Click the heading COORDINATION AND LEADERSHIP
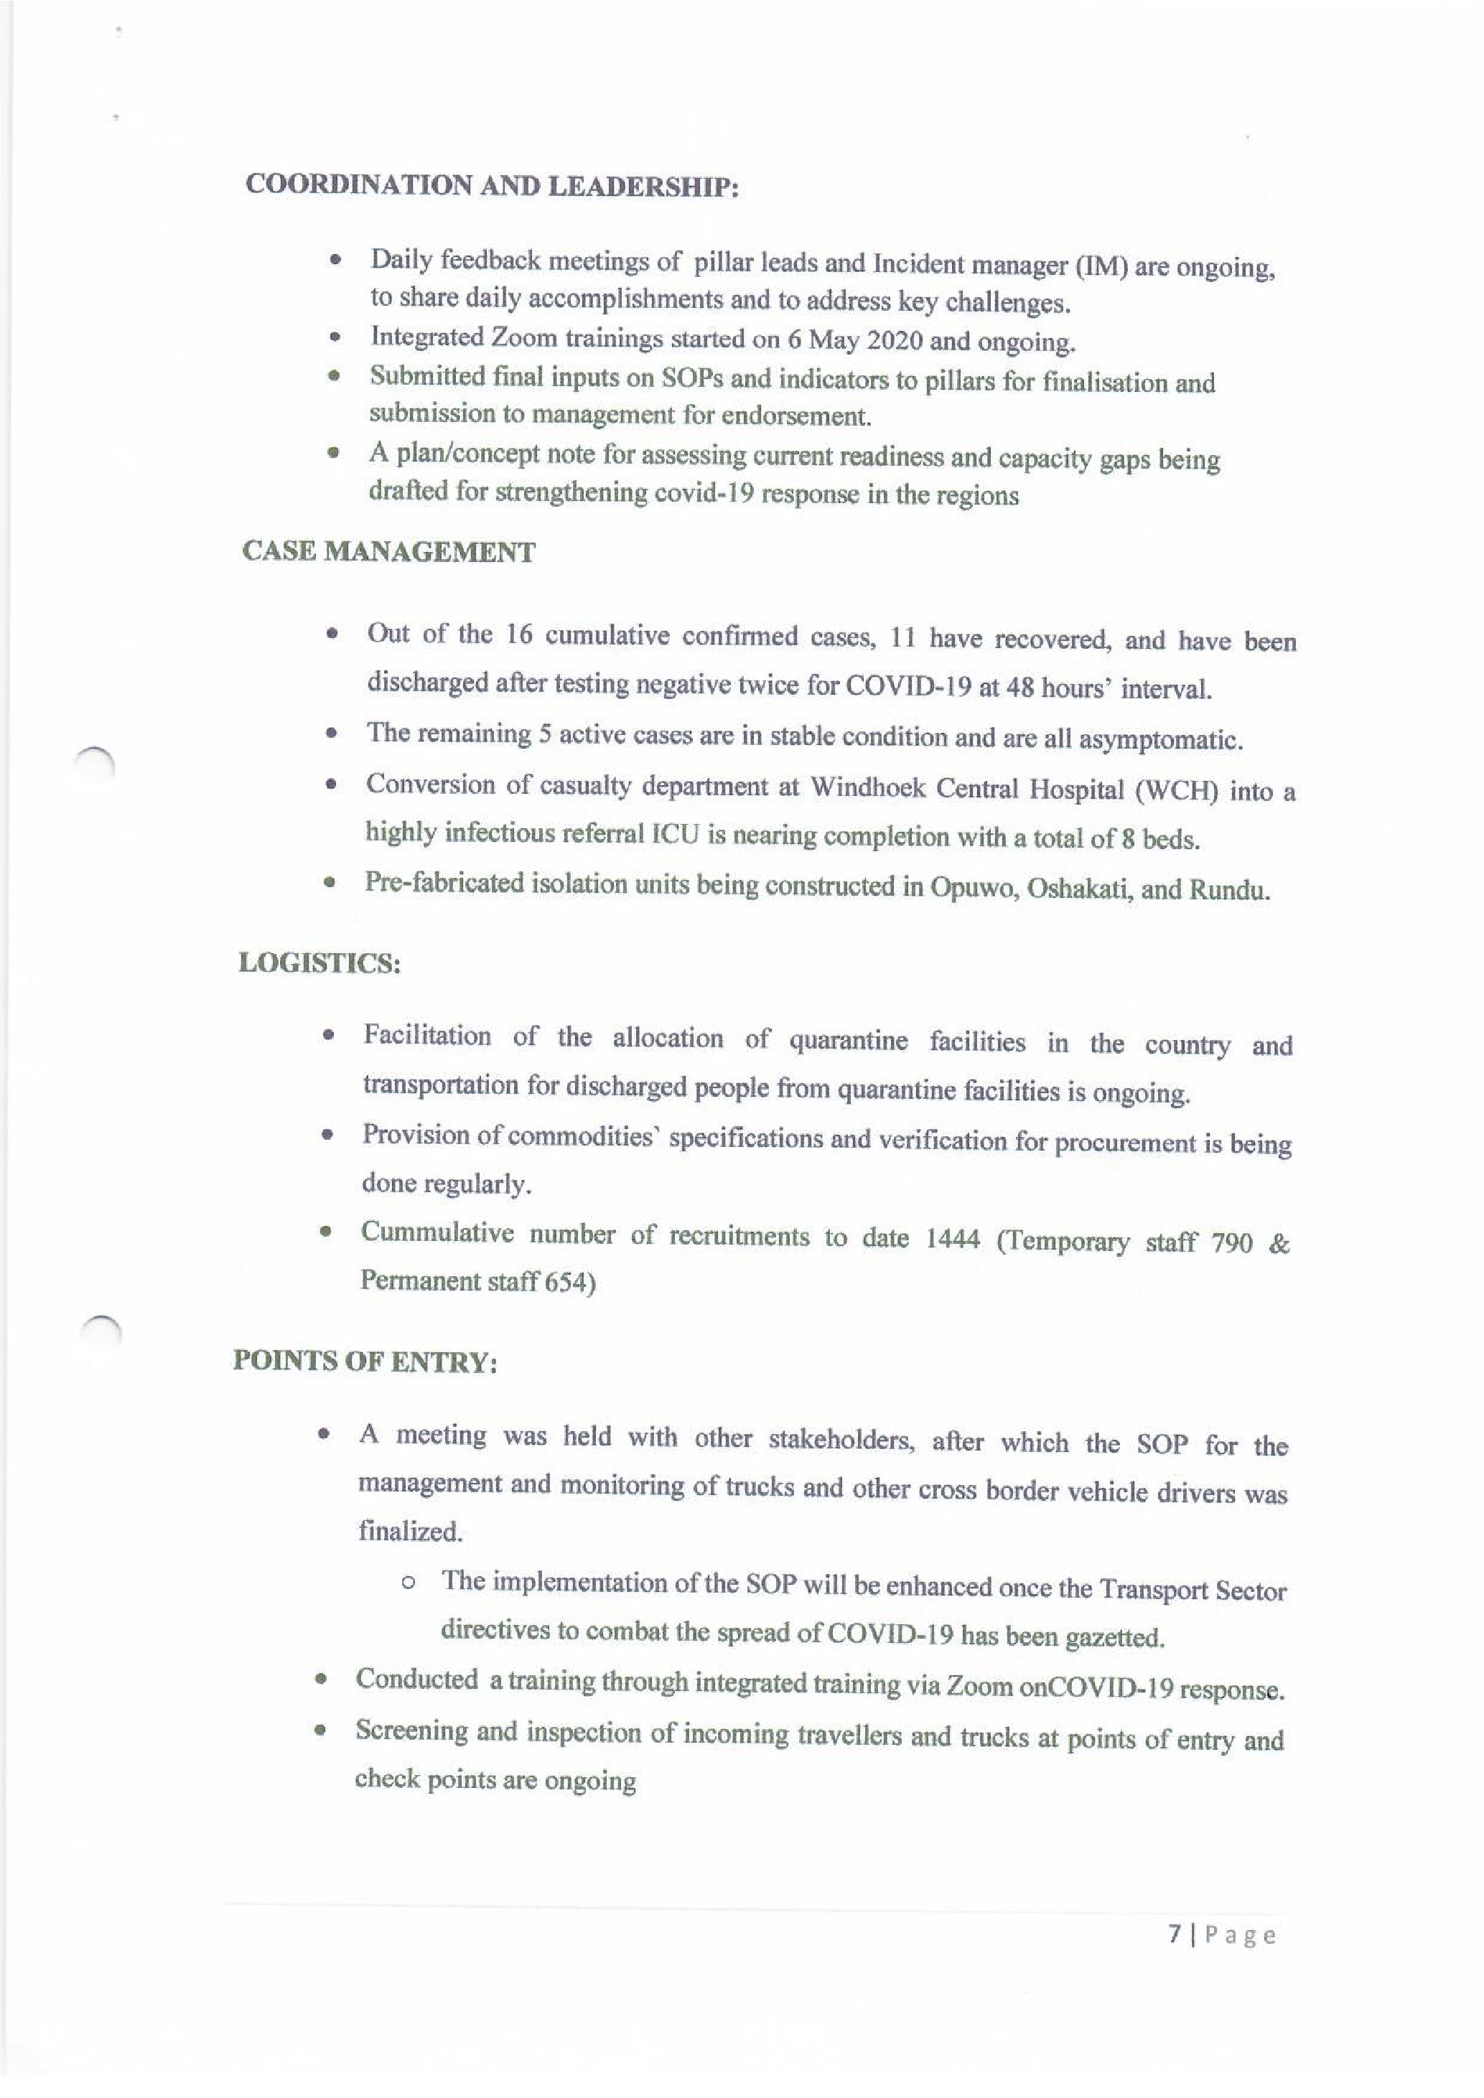click(x=492, y=185)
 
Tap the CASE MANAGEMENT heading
click(x=388, y=552)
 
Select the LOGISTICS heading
click(x=319, y=963)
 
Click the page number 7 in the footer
click(x=1175, y=1934)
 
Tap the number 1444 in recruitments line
click(x=953, y=1239)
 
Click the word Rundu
click(x=1230, y=891)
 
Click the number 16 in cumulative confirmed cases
click(x=519, y=634)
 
